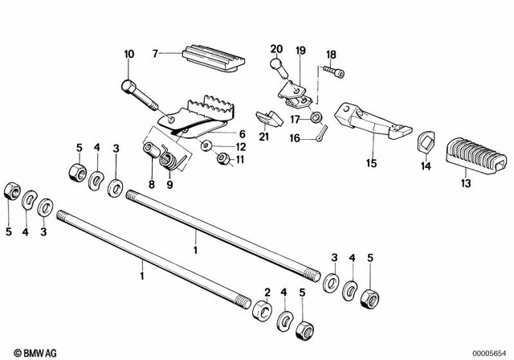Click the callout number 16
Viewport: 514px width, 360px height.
[294, 137]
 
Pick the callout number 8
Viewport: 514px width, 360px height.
[150, 185]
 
